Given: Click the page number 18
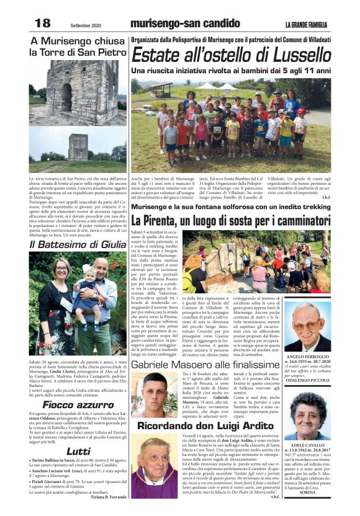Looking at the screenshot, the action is point(42,23).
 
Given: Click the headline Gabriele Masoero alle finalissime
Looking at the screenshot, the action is point(205,365).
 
